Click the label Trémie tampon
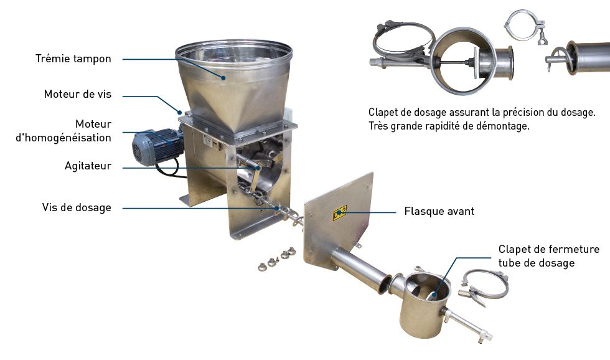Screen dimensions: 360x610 [x=73, y=59]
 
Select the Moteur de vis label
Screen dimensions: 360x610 [x=77, y=95]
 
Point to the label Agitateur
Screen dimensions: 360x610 [x=88, y=166]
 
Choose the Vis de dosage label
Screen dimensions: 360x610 [x=77, y=207]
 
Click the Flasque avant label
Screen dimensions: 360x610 [x=439, y=211]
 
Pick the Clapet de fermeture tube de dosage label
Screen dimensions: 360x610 [x=548, y=256]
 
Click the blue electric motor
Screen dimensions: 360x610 [x=155, y=145]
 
